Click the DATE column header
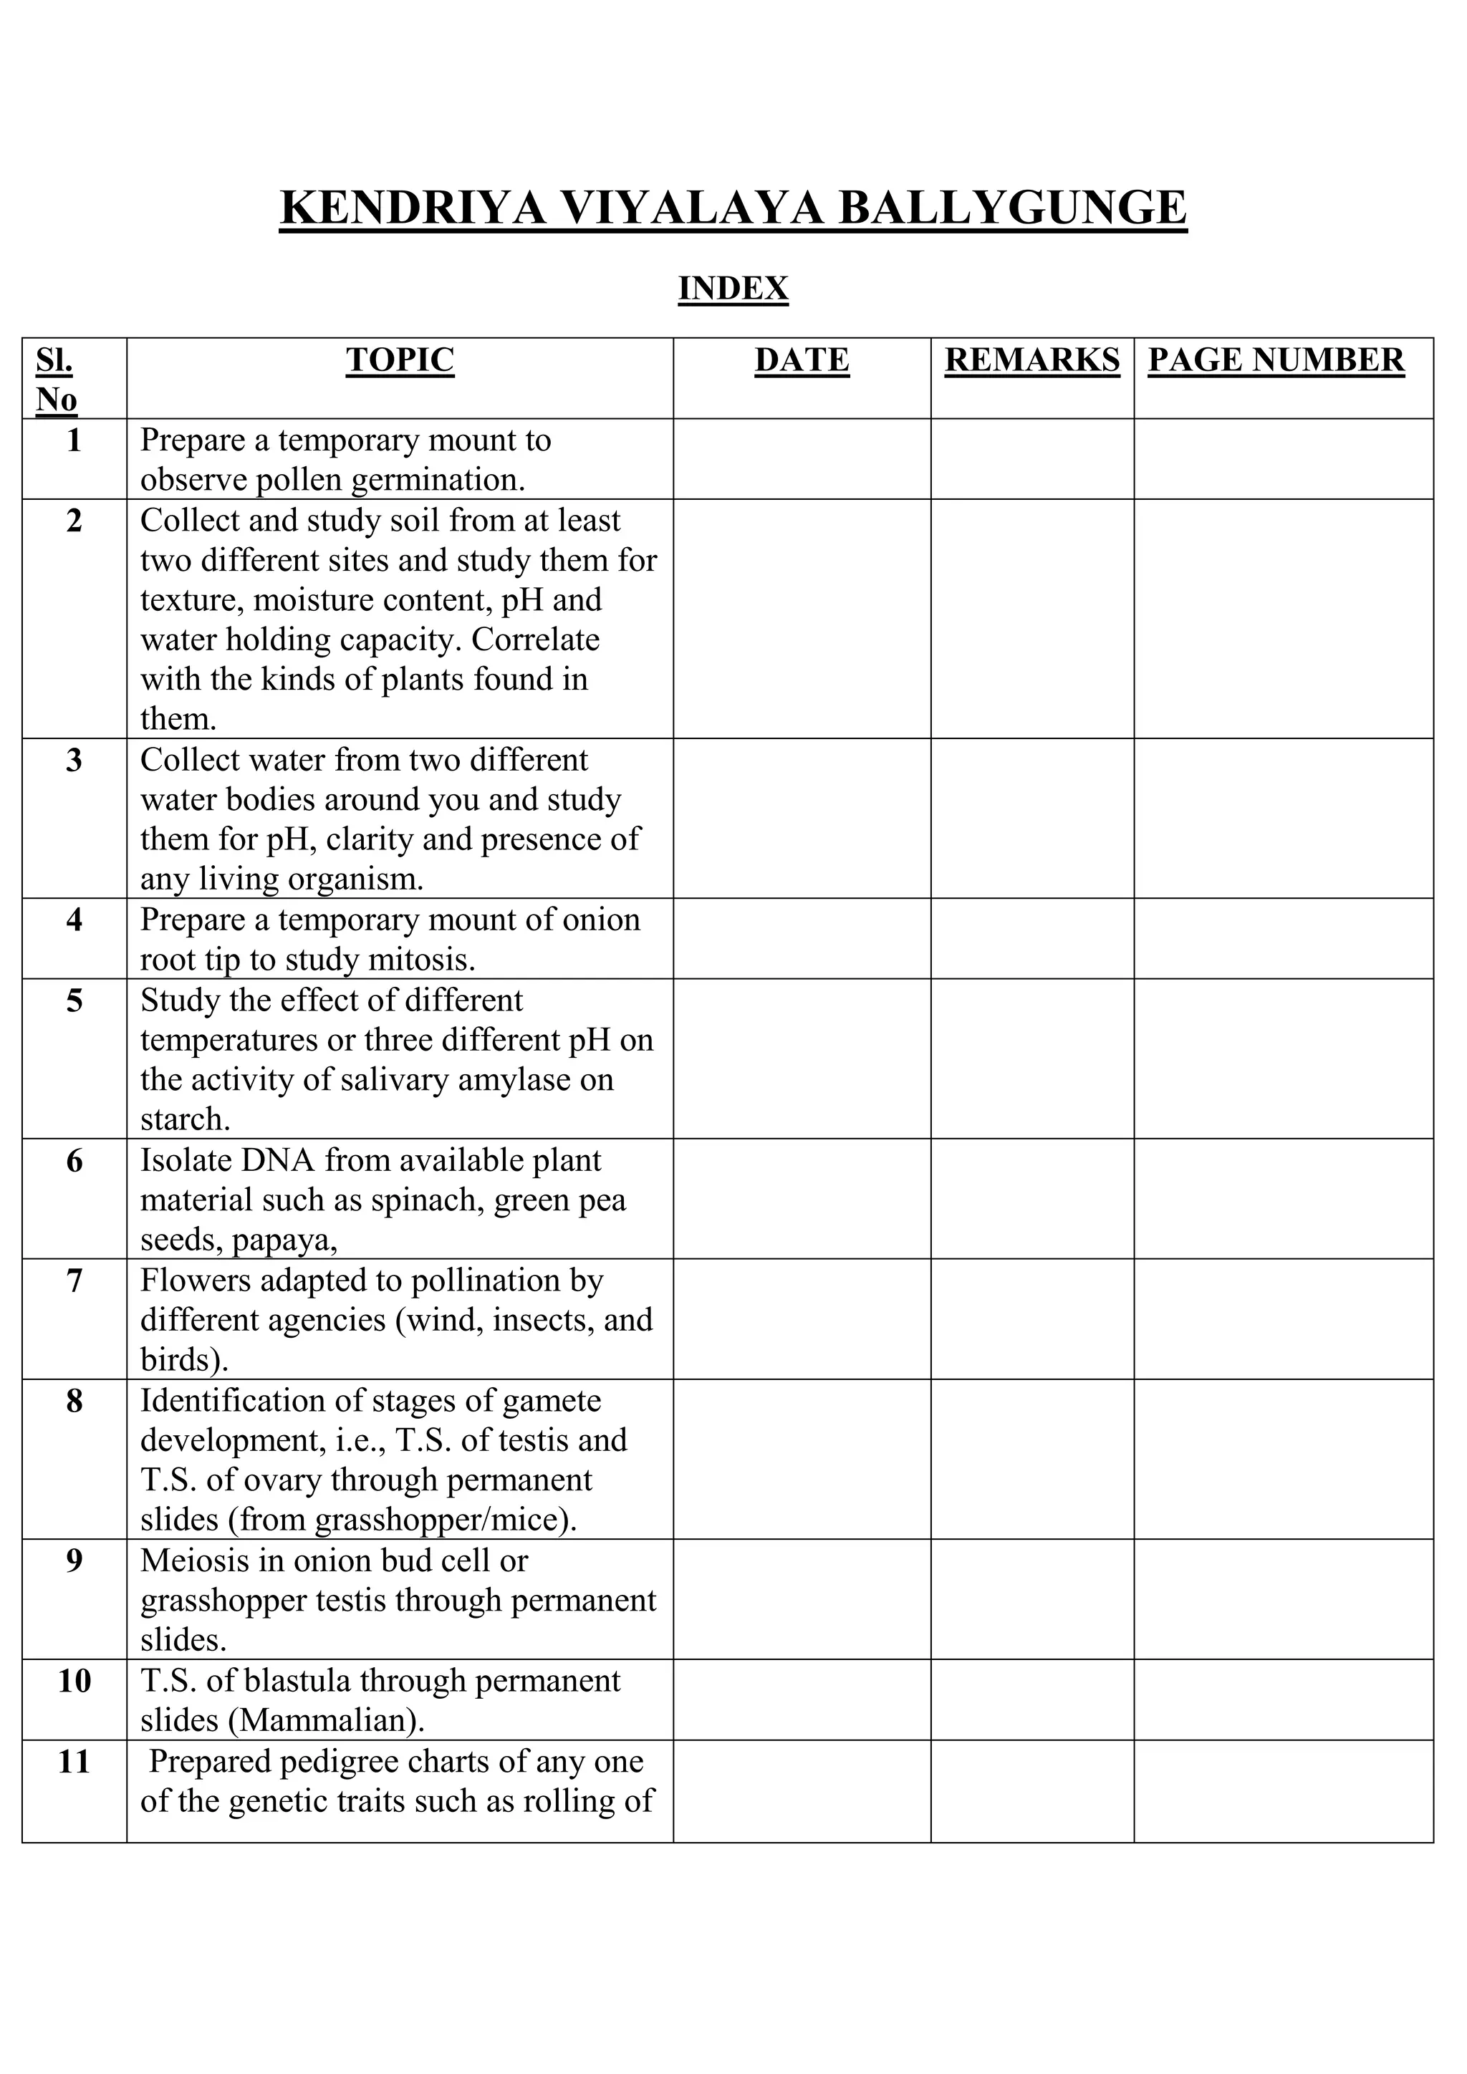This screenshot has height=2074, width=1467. point(802,360)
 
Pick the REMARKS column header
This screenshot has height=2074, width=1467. point(1031,360)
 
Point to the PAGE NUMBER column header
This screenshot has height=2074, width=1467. point(1276,360)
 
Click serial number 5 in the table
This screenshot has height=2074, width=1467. point(74,1001)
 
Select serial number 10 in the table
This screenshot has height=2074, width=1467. point(74,1681)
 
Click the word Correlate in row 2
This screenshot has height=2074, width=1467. point(535,640)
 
